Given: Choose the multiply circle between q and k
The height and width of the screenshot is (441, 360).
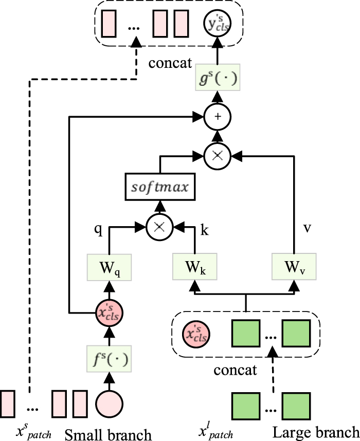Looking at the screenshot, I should (159, 226).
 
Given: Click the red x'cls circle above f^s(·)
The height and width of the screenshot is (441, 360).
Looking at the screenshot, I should (109, 312).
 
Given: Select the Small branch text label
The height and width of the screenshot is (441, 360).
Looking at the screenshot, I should (108, 434).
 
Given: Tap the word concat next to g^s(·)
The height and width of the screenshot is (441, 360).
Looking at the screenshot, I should (170, 64).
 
